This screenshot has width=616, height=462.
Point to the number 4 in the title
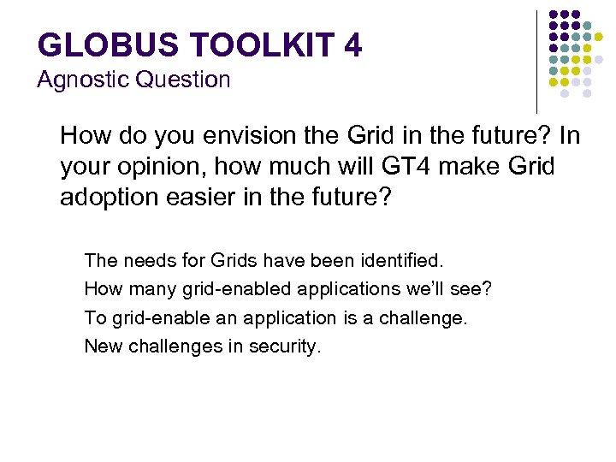tap(352, 44)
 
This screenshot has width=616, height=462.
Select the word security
tap(284, 347)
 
